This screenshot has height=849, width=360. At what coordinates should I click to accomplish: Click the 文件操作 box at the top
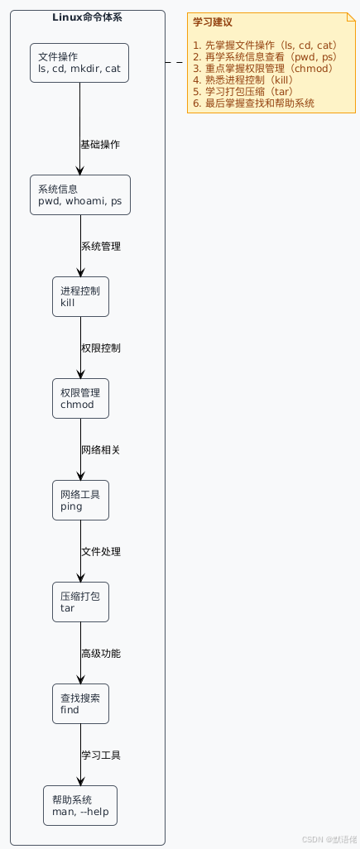point(79,63)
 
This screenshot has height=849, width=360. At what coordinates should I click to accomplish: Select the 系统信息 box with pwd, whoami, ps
point(79,194)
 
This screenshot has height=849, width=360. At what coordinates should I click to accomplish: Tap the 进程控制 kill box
point(79,296)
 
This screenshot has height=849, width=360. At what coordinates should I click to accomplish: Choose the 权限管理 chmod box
point(79,398)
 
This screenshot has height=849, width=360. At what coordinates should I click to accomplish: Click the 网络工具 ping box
point(79,500)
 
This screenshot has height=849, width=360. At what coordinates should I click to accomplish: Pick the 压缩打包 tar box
point(79,602)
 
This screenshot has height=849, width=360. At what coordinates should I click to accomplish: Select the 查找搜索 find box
point(79,703)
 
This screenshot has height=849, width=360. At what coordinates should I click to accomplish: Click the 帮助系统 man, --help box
point(79,805)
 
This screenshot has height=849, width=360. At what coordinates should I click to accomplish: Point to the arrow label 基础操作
point(100,145)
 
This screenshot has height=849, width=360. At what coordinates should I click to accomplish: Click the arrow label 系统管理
point(100,247)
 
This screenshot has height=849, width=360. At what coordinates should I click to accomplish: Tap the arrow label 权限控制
point(100,348)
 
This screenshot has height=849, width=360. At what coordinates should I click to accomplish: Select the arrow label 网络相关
point(100,450)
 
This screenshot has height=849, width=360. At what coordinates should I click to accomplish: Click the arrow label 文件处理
point(100,552)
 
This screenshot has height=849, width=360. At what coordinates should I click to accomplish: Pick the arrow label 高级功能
point(100,654)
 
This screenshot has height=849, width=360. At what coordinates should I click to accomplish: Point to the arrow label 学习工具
point(100,755)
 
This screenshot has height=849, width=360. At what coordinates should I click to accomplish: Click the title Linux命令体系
point(88,17)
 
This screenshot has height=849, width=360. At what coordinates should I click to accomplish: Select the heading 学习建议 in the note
point(212,22)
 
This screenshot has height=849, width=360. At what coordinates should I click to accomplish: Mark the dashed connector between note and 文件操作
point(176,63)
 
